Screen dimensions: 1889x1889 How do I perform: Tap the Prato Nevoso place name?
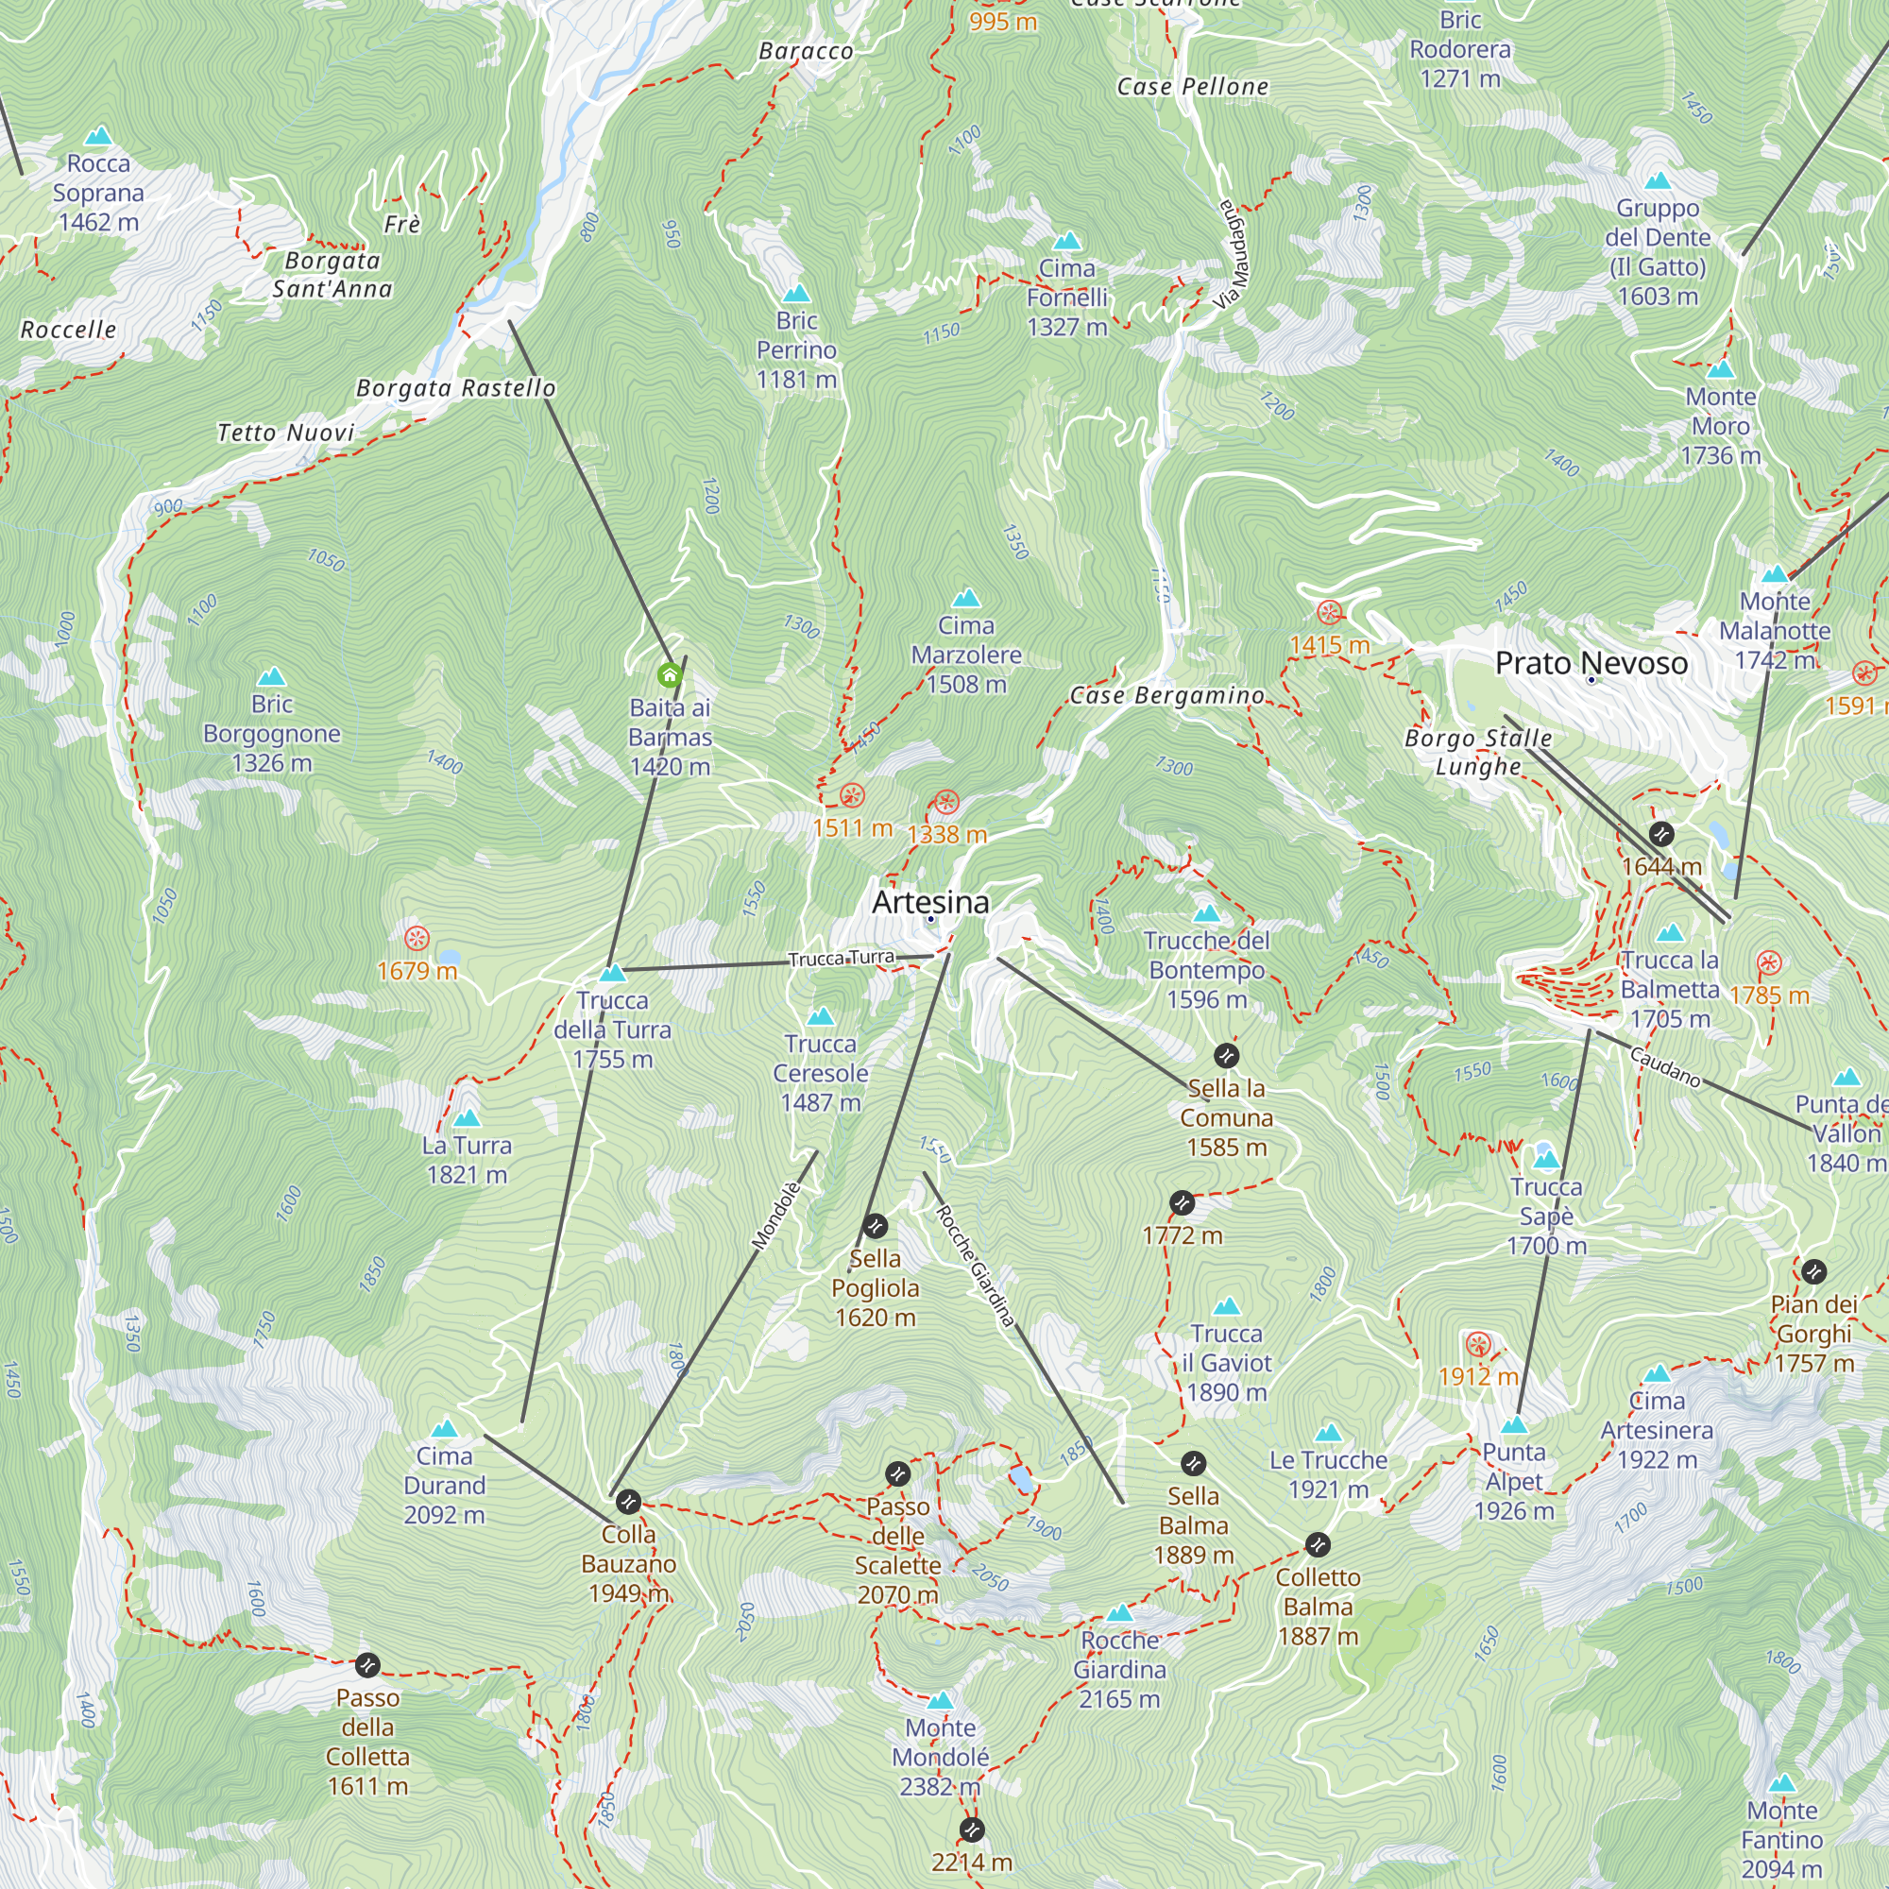(1591, 663)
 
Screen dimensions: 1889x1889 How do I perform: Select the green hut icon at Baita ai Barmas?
(670, 674)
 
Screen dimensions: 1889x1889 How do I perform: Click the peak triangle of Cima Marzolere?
(966, 598)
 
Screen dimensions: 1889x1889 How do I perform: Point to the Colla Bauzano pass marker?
(629, 1501)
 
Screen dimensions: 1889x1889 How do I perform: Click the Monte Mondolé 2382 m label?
(940, 1757)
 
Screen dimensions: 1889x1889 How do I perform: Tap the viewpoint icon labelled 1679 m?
(417, 939)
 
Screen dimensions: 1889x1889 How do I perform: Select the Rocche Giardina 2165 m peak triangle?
(1119, 1613)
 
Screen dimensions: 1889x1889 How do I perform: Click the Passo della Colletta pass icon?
(366, 1664)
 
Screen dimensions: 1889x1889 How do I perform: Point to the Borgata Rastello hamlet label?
(455, 388)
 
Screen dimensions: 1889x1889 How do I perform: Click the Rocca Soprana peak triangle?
(98, 136)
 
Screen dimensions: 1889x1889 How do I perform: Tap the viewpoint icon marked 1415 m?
(1329, 613)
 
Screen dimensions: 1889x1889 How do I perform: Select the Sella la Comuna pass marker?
(1226, 1056)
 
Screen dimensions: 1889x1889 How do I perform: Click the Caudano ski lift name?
(1665, 1065)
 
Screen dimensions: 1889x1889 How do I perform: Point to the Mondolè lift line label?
(776, 1216)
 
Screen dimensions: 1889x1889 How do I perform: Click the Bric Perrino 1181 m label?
(797, 350)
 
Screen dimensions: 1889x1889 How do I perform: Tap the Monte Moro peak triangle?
(1720, 369)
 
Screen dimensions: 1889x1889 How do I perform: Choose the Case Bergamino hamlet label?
(1166, 695)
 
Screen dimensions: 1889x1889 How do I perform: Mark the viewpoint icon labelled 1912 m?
(1477, 1345)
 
